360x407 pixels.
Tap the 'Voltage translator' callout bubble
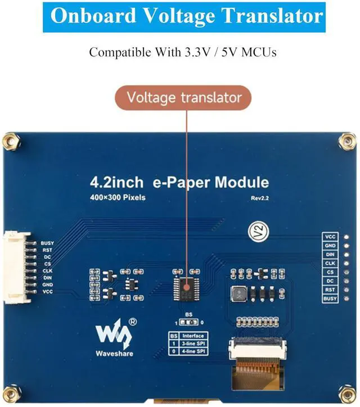(184, 97)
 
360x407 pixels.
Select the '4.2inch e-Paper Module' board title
(179, 183)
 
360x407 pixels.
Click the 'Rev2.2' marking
(260, 197)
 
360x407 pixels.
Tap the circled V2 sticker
(256, 231)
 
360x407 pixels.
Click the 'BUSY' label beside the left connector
(47, 243)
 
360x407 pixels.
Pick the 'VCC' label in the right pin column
(330, 237)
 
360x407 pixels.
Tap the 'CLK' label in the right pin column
(330, 263)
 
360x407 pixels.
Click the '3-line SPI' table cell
(195, 343)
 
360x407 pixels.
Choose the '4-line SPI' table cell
(195, 351)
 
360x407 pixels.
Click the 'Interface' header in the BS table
(195, 335)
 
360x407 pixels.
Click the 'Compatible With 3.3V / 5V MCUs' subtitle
(183, 53)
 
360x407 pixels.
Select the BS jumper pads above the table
(188, 323)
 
